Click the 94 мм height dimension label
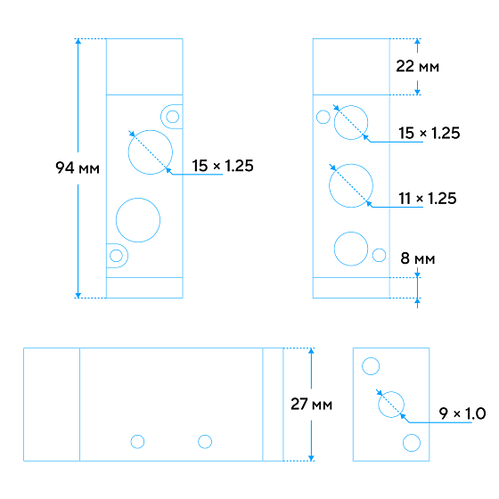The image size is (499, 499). click(x=78, y=168)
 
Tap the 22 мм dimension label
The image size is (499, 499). click(x=418, y=67)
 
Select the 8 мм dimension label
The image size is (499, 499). click(x=418, y=258)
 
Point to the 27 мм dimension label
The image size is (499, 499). click(x=311, y=405)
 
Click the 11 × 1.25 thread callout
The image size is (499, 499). click(x=428, y=198)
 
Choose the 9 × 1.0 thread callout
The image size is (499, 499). click(x=462, y=413)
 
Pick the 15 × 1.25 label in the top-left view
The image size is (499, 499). click(x=223, y=166)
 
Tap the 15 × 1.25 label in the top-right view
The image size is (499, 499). click(x=429, y=133)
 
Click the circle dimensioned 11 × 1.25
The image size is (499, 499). click(x=329, y=186)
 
